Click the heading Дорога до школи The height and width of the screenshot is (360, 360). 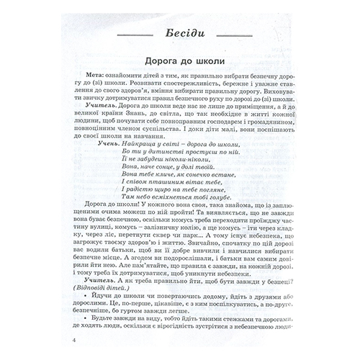pyautogui.click(x=179, y=63)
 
